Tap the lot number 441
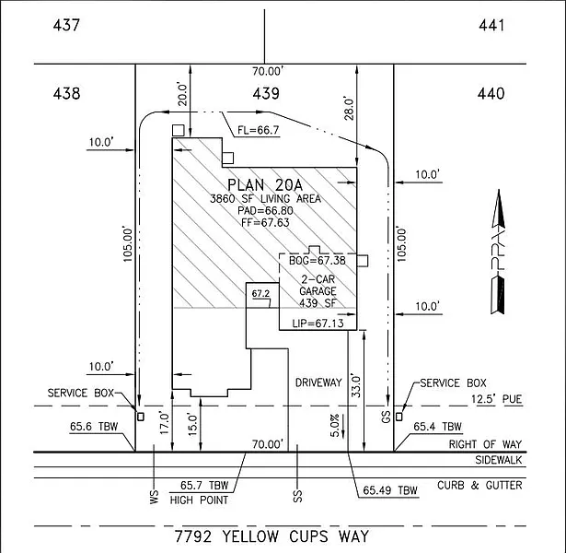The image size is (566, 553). tap(491, 25)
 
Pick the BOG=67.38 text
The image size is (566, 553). tap(318, 261)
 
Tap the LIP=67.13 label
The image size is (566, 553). tap(317, 324)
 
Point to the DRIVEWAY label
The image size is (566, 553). tap(318, 381)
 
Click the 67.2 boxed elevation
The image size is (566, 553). tap(260, 294)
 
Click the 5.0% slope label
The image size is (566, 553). tap(336, 422)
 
